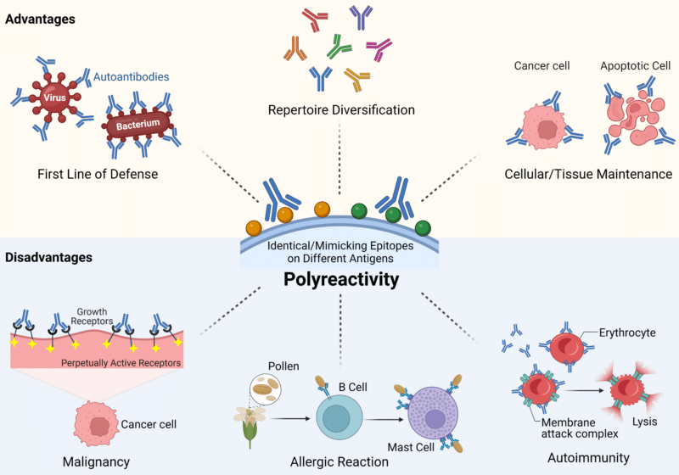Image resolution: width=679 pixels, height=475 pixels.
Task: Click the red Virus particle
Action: [54, 98]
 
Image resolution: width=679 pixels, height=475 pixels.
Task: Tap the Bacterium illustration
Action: [137, 126]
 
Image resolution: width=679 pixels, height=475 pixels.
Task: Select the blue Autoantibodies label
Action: [132, 77]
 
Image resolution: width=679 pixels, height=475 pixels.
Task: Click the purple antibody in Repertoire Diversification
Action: [362, 16]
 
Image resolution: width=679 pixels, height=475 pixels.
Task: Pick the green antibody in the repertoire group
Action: [339, 47]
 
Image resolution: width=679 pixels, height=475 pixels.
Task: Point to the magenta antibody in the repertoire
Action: [379, 48]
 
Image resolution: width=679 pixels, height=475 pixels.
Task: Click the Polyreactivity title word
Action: [341, 279]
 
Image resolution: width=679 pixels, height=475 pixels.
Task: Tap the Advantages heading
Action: [40, 19]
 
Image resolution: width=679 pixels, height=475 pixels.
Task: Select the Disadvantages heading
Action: [49, 257]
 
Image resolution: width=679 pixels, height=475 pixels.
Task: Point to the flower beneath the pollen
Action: [250, 426]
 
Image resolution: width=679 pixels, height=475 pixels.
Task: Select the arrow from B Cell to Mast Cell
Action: [383, 419]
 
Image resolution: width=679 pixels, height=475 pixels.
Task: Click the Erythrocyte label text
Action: [627, 332]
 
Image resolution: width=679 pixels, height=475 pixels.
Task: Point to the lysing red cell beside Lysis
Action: [628, 389]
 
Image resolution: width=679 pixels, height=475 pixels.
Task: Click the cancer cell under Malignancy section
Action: [96, 424]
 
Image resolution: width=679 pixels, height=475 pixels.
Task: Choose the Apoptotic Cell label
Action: [635, 66]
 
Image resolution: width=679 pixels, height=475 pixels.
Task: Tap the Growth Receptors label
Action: [92, 316]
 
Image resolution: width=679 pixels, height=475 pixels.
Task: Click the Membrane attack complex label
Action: [580, 427]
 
